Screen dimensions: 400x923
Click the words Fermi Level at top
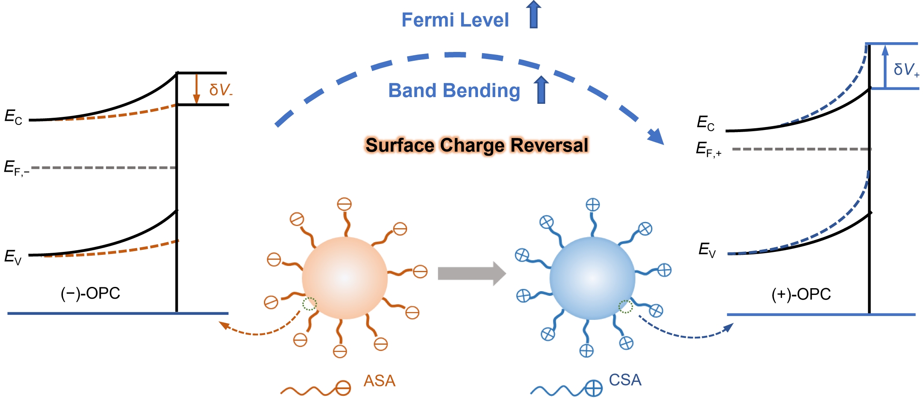tap(455, 20)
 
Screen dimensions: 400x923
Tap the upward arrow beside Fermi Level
tap(534, 15)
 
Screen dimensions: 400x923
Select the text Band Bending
tap(454, 90)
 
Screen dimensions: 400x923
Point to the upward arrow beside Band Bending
tap(541, 89)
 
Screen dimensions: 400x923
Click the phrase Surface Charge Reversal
tap(476, 145)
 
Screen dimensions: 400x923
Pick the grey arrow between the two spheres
tap(471, 273)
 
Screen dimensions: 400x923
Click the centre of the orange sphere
tap(345, 278)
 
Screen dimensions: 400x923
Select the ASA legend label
tap(379, 381)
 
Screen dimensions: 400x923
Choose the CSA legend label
tap(625, 380)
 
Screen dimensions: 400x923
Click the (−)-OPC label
tap(90, 293)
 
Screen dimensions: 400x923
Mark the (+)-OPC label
tap(801, 294)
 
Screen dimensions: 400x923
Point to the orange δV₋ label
tap(220, 89)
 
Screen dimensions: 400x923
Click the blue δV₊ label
tap(906, 70)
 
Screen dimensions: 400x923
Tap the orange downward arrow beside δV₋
tap(196, 89)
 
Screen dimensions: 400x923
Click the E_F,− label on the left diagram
tap(16, 168)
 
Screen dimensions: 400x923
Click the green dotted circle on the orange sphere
tap(309, 304)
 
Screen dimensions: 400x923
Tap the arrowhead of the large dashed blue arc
tap(656, 137)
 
